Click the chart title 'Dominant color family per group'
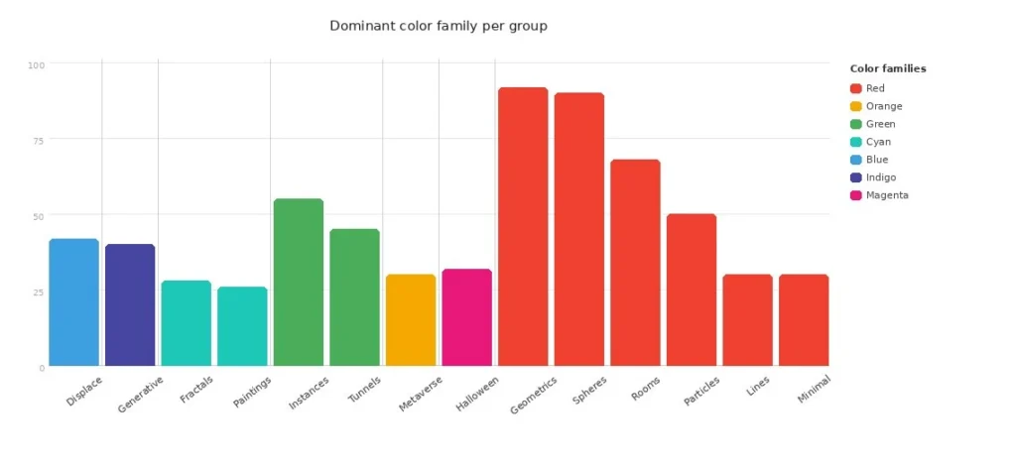click(438, 26)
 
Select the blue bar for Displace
click(74, 302)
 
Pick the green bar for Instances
click(299, 283)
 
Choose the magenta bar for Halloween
click(466, 317)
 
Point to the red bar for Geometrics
click(523, 227)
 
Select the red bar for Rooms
click(635, 263)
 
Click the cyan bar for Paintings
click(242, 326)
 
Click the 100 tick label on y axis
click(37, 65)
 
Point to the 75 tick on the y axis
click(39, 141)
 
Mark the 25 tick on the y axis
click(39, 292)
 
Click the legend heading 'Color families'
click(888, 69)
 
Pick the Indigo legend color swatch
click(856, 177)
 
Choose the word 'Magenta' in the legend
click(887, 195)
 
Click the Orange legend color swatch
click(856, 106)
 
